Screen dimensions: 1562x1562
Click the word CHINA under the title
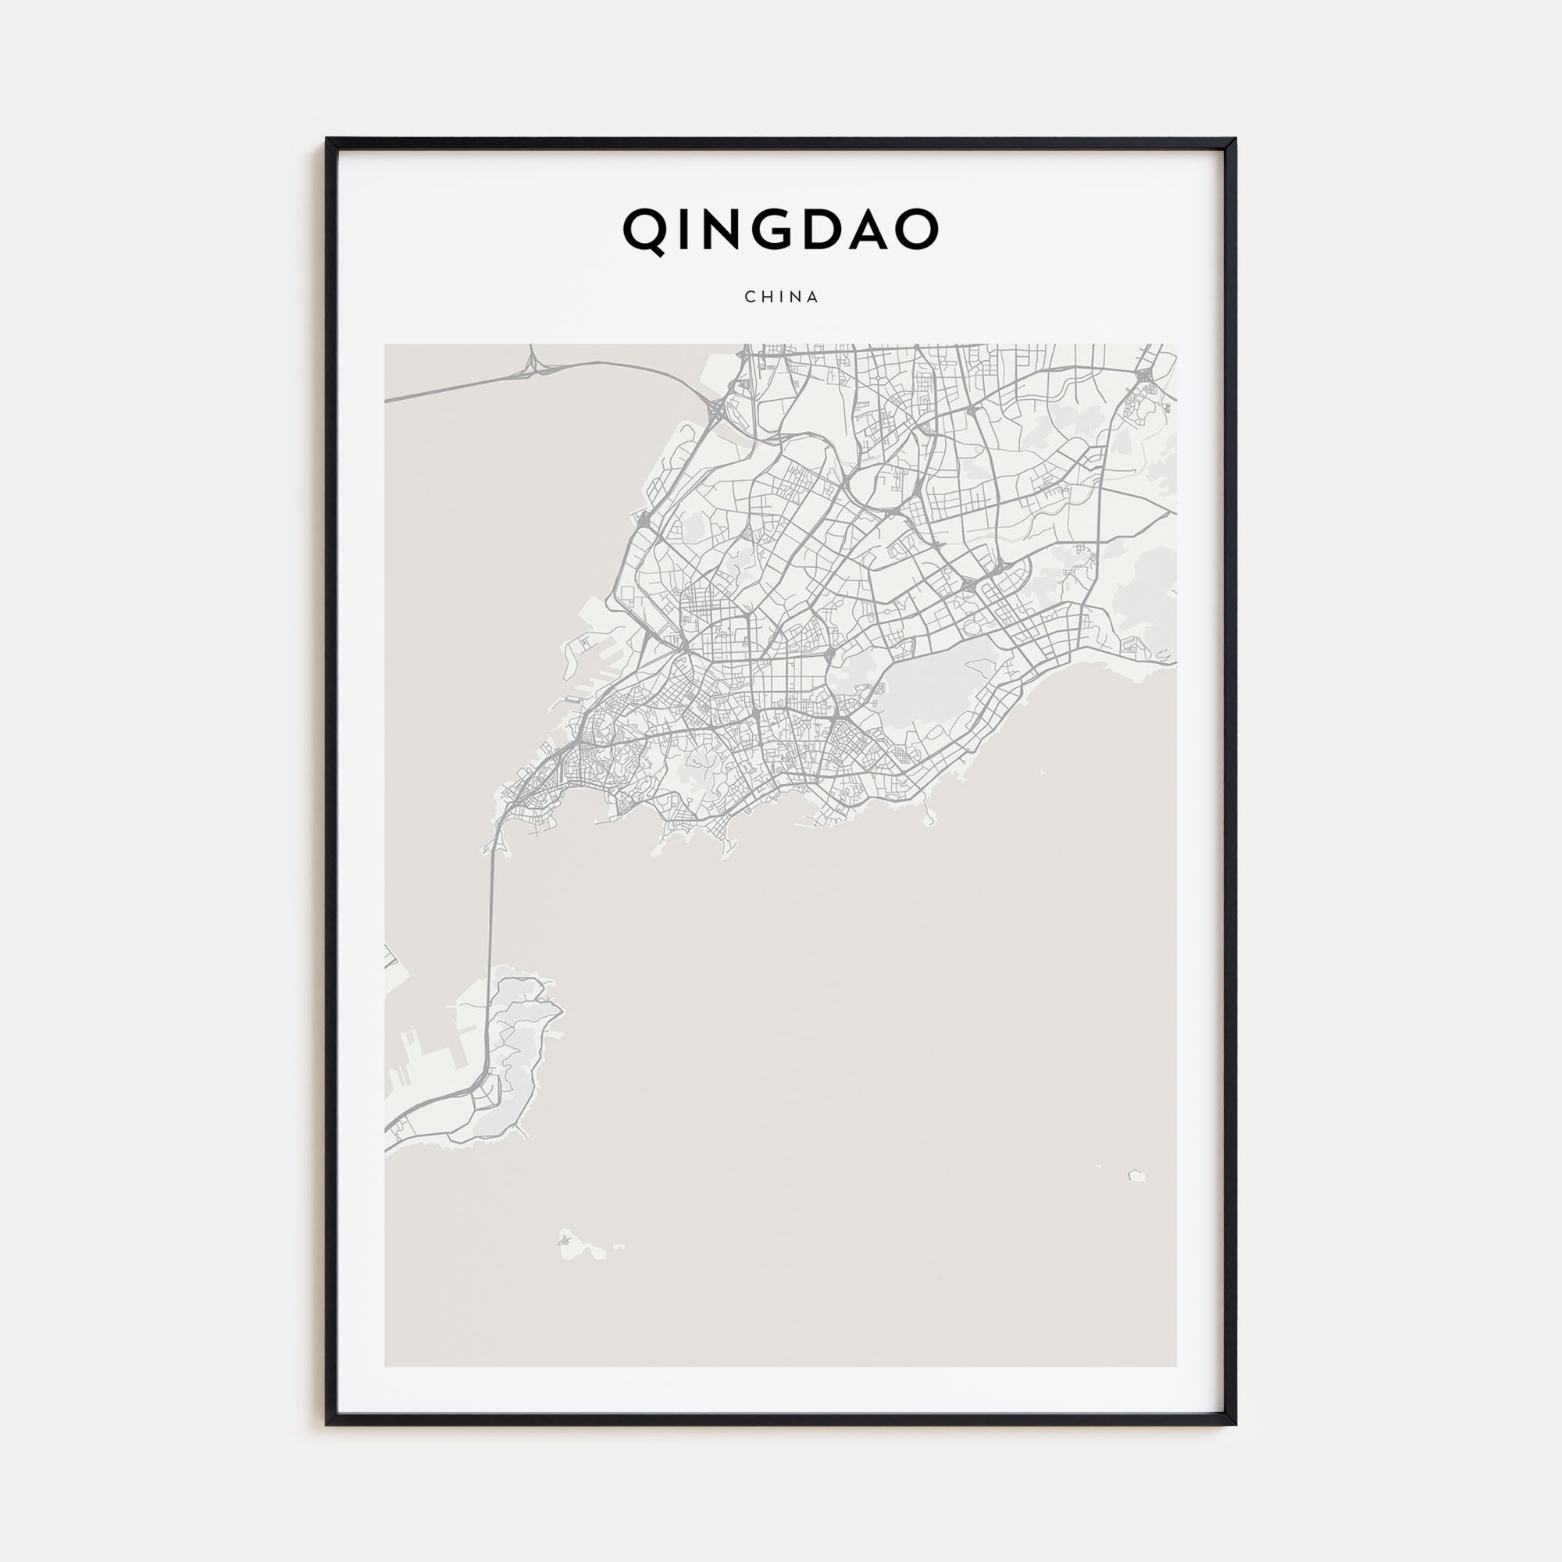pos(781,297)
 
